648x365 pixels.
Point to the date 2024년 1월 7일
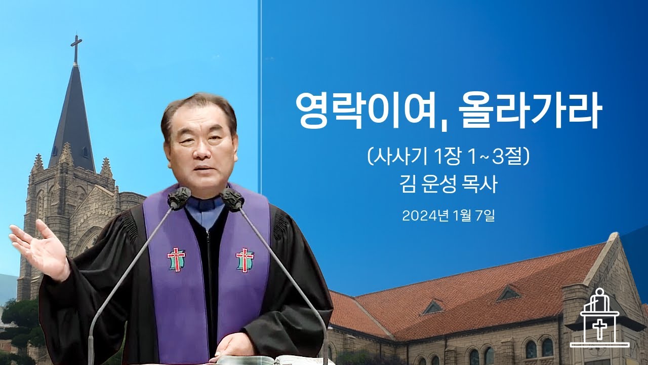tap(448, 216)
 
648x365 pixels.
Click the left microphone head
tap(179, 198)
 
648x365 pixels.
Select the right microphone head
tap(233, 200)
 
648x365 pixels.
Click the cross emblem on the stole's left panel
tap(176, 259)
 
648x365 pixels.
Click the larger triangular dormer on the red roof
tap(508, 294)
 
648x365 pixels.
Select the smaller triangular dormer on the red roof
tap(433, 307)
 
